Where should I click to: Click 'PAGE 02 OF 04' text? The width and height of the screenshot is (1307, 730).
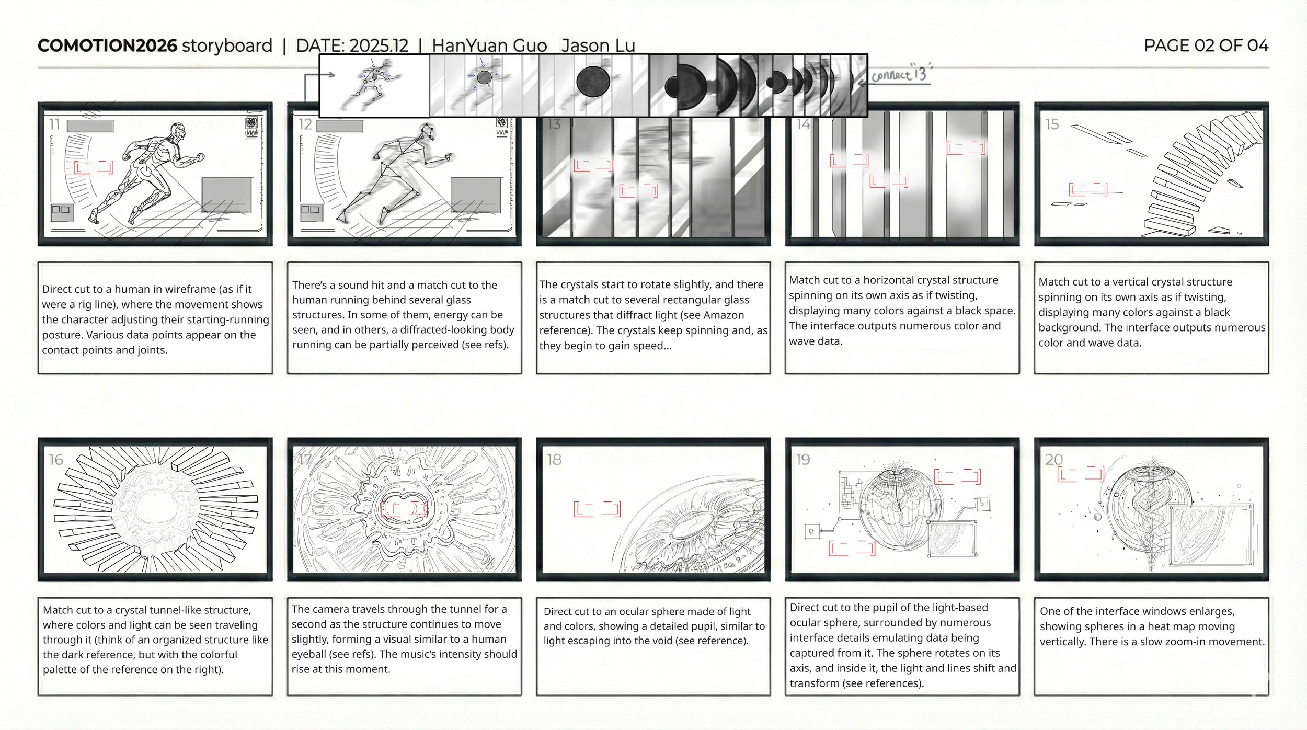tap(1206, 45)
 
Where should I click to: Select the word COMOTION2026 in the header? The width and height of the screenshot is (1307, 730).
tap(107, 45)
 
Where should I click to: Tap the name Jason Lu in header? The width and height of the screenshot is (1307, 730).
tap(598, 46)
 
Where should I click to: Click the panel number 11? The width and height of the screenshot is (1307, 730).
tap(54, 124)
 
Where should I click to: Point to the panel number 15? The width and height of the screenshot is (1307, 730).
tap(1052, 124)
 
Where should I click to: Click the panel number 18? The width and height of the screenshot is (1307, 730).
tap(554, 460)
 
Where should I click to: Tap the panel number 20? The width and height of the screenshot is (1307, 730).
tap(1053, 460)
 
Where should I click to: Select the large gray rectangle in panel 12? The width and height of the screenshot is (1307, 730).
tap(476, 195)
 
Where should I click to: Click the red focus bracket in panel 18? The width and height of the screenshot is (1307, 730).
tap(597, 509)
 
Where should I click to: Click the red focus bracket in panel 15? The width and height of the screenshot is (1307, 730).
tap(1087, 189)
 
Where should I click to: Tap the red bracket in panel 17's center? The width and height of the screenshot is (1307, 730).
tap(404, 508)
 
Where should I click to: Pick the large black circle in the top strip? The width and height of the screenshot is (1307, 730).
tap(593, 82)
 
